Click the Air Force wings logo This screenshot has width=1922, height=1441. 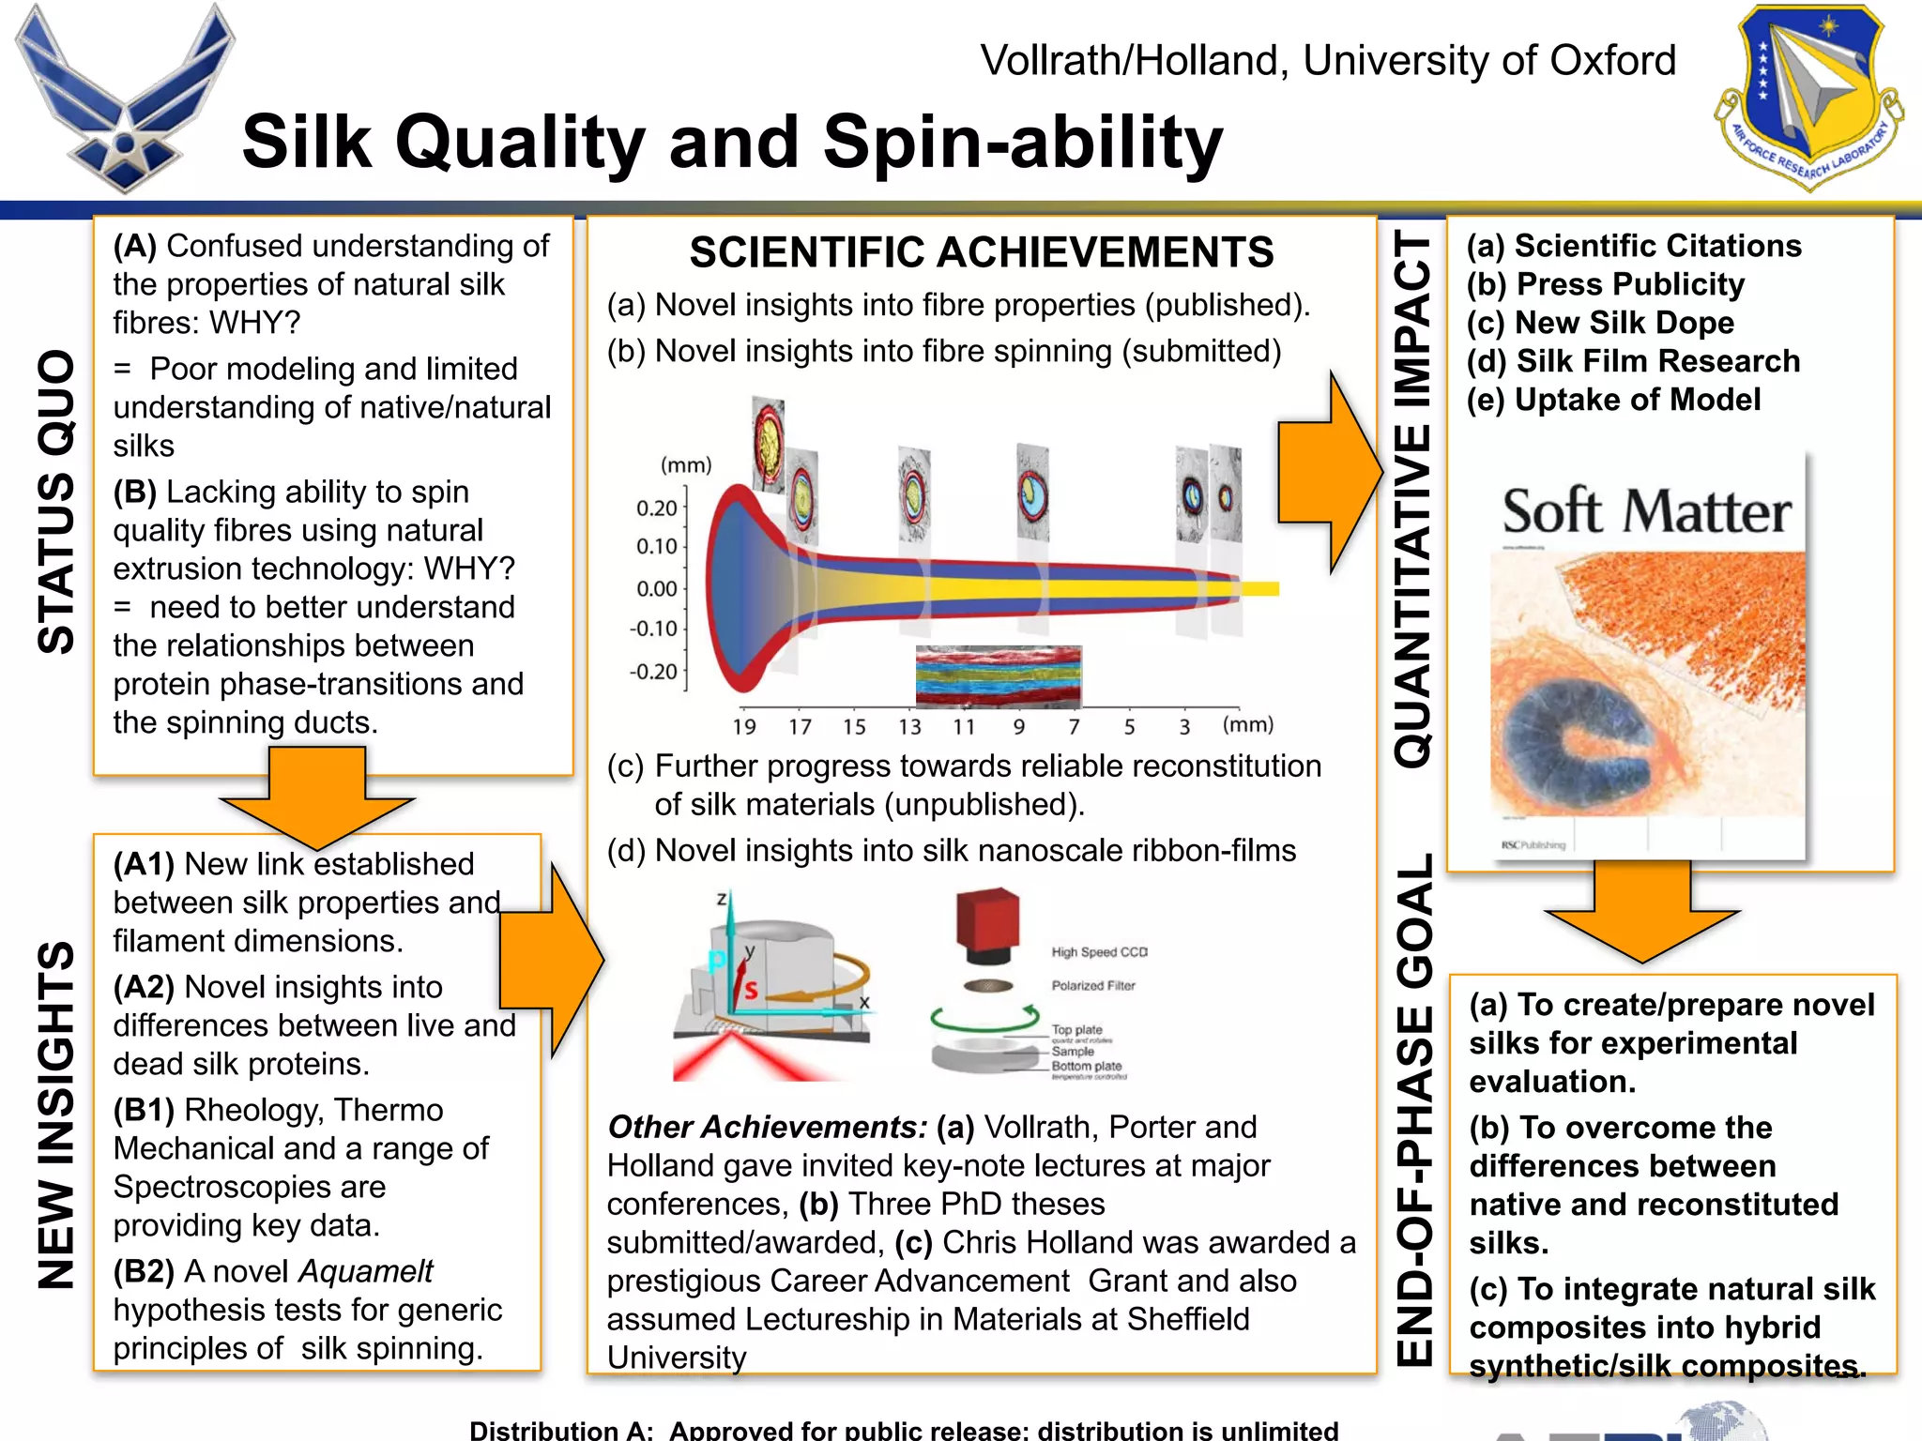124,99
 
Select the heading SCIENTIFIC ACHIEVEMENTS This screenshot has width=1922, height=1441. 982,252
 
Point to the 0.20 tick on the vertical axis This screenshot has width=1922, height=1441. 656,508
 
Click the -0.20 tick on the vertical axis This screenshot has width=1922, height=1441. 653,672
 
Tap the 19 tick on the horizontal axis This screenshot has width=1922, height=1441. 744,726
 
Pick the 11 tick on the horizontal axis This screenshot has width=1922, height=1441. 964,726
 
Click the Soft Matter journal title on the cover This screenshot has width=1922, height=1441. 1647,511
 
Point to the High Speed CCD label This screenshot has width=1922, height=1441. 1099,952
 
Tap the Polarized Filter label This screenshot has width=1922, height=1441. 1093,986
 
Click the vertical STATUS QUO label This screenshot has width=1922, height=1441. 56,502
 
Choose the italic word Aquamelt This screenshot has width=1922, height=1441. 366,1271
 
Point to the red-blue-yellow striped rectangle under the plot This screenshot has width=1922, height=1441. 999,675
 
